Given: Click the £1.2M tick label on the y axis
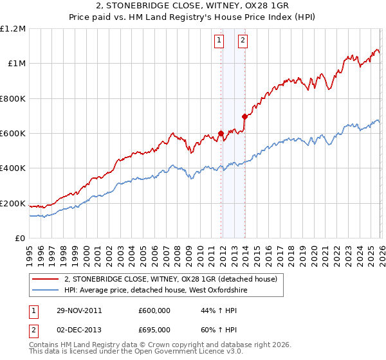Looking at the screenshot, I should pyautogui.click(x=14, y=28).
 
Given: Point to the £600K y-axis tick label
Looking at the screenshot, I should pyautogui.click(x=13, y=133).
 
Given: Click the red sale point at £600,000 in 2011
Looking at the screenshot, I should pyautogui.click(x=221, y=134).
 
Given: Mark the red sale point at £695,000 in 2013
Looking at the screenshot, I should pyautogui.click(x=244, y=116).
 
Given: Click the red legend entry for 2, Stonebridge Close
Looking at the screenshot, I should pyautogui.click(x=170, y=279).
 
